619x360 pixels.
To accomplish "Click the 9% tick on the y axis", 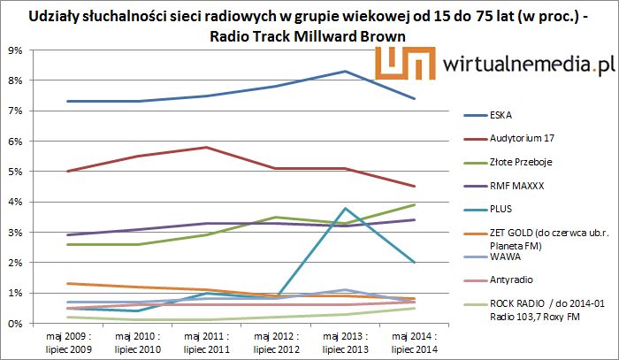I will pos(15,50).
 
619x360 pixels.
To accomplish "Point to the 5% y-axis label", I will pos(15,172).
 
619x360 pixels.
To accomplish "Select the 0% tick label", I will pos(15,323).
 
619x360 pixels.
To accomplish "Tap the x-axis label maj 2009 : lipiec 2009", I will pos(68,343).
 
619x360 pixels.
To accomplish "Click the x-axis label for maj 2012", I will pos(275,343).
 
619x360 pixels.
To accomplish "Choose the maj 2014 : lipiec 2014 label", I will pos(413,343).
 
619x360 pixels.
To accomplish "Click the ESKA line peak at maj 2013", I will pos(344,71).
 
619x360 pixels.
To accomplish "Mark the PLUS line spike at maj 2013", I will pos(344,208).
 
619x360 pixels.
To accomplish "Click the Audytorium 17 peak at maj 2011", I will pos(206,147).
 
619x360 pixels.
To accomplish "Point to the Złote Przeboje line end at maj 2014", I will pos(413,204).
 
